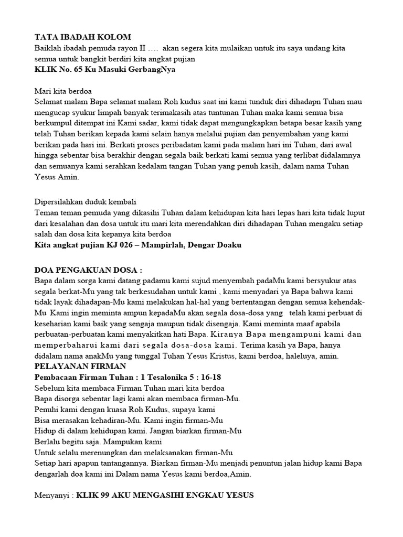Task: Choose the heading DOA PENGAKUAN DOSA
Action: point(88,270)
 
